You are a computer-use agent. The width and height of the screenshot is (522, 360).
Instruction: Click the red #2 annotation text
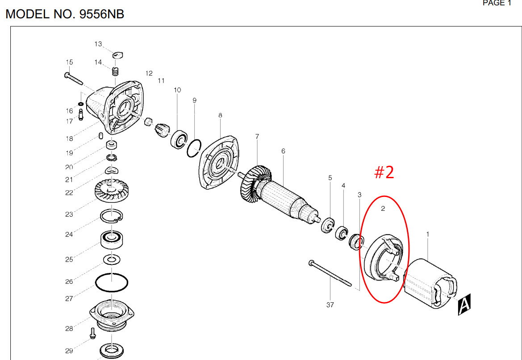tap(384, 172)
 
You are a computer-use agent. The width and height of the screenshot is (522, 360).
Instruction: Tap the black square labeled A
tap(464, 305)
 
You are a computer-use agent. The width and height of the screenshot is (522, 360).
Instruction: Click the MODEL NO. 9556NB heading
tap(65, 14)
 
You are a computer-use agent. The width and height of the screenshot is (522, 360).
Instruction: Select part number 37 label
tap(330, 305)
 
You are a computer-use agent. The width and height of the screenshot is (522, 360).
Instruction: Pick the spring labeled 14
tap(115, 71)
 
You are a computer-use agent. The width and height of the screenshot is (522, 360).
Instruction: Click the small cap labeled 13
tap(118, 55)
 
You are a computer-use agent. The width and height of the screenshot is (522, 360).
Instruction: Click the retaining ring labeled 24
tap(111, 216)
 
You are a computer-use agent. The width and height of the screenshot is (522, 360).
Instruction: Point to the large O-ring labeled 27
tap(112, 283)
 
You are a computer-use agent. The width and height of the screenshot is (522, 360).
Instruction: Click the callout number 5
tap(330, 178)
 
